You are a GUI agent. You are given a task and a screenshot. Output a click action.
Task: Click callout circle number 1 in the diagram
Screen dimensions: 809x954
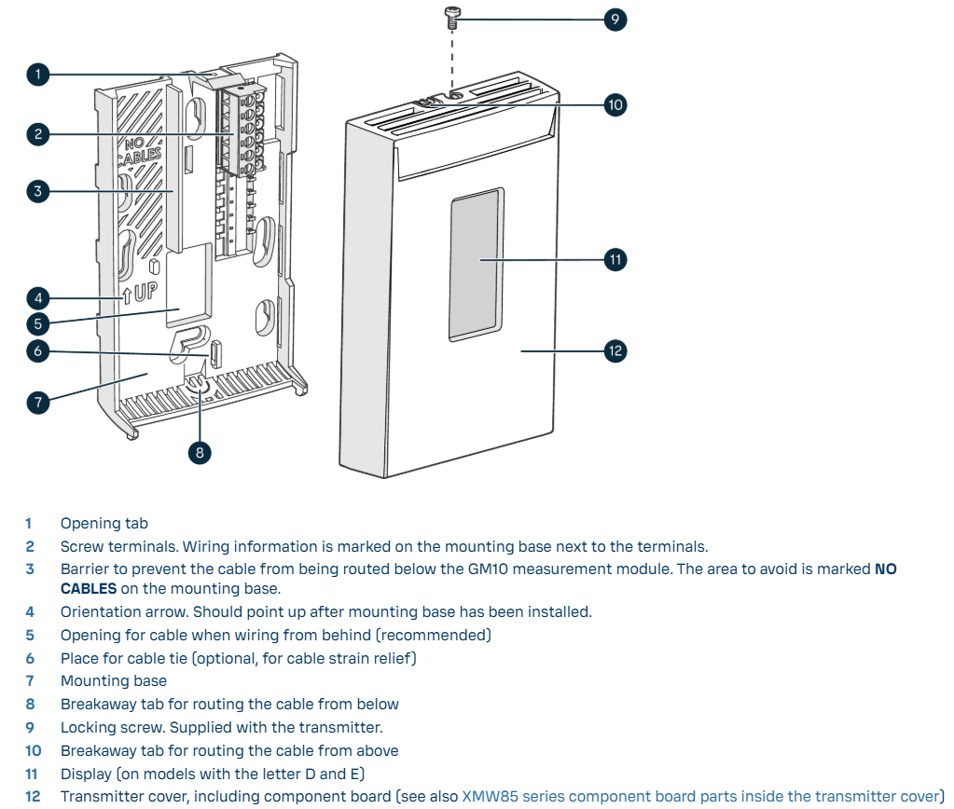click(x=37, y=75)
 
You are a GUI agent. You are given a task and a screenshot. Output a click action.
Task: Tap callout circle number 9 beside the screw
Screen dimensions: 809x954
click(x=613, y=20)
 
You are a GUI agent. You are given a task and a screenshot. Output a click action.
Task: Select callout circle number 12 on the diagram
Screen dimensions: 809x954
click(x=613, y=351)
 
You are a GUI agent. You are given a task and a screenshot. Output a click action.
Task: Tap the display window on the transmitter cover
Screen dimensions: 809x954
click(x=477, y=261)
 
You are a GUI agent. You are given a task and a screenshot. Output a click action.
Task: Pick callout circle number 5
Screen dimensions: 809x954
click(x=37, y=324)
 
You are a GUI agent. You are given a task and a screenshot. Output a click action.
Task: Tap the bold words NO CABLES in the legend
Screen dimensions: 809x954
click(x=90, y=589)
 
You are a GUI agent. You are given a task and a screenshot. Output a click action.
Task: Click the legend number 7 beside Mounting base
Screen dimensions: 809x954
click(x=30, y=681)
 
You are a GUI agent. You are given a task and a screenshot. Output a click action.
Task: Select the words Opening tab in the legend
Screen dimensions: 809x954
click(x=104, y=524)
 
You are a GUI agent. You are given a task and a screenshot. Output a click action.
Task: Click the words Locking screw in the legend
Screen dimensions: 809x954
click(x=112, y=728)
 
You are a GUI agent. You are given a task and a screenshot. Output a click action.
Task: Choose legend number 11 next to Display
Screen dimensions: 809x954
click(x=32, y=774)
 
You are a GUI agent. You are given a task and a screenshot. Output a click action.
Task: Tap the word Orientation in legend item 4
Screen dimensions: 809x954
click(x=102, y=612)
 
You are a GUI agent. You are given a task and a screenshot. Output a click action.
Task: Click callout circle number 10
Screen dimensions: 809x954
click(x=614, y=104)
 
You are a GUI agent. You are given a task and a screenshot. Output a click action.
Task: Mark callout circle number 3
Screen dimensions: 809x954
click(x=37, y=192)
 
